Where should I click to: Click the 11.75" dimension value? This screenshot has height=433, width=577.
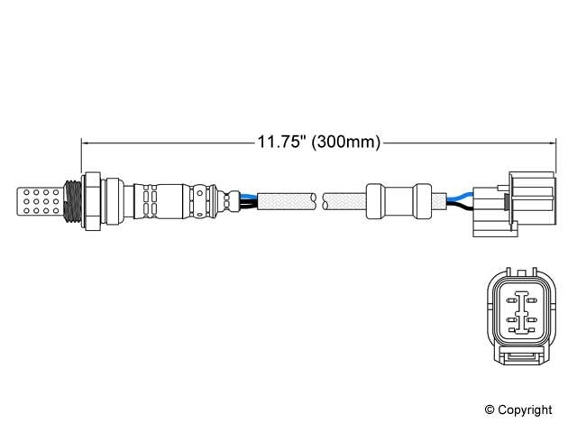pyautogui.click(x=282, y=142)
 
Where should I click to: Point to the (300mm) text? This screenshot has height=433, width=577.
pyautogui.click(x=345, y=142)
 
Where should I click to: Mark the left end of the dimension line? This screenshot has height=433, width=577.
pyautogui.click(x=82, y=142)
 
